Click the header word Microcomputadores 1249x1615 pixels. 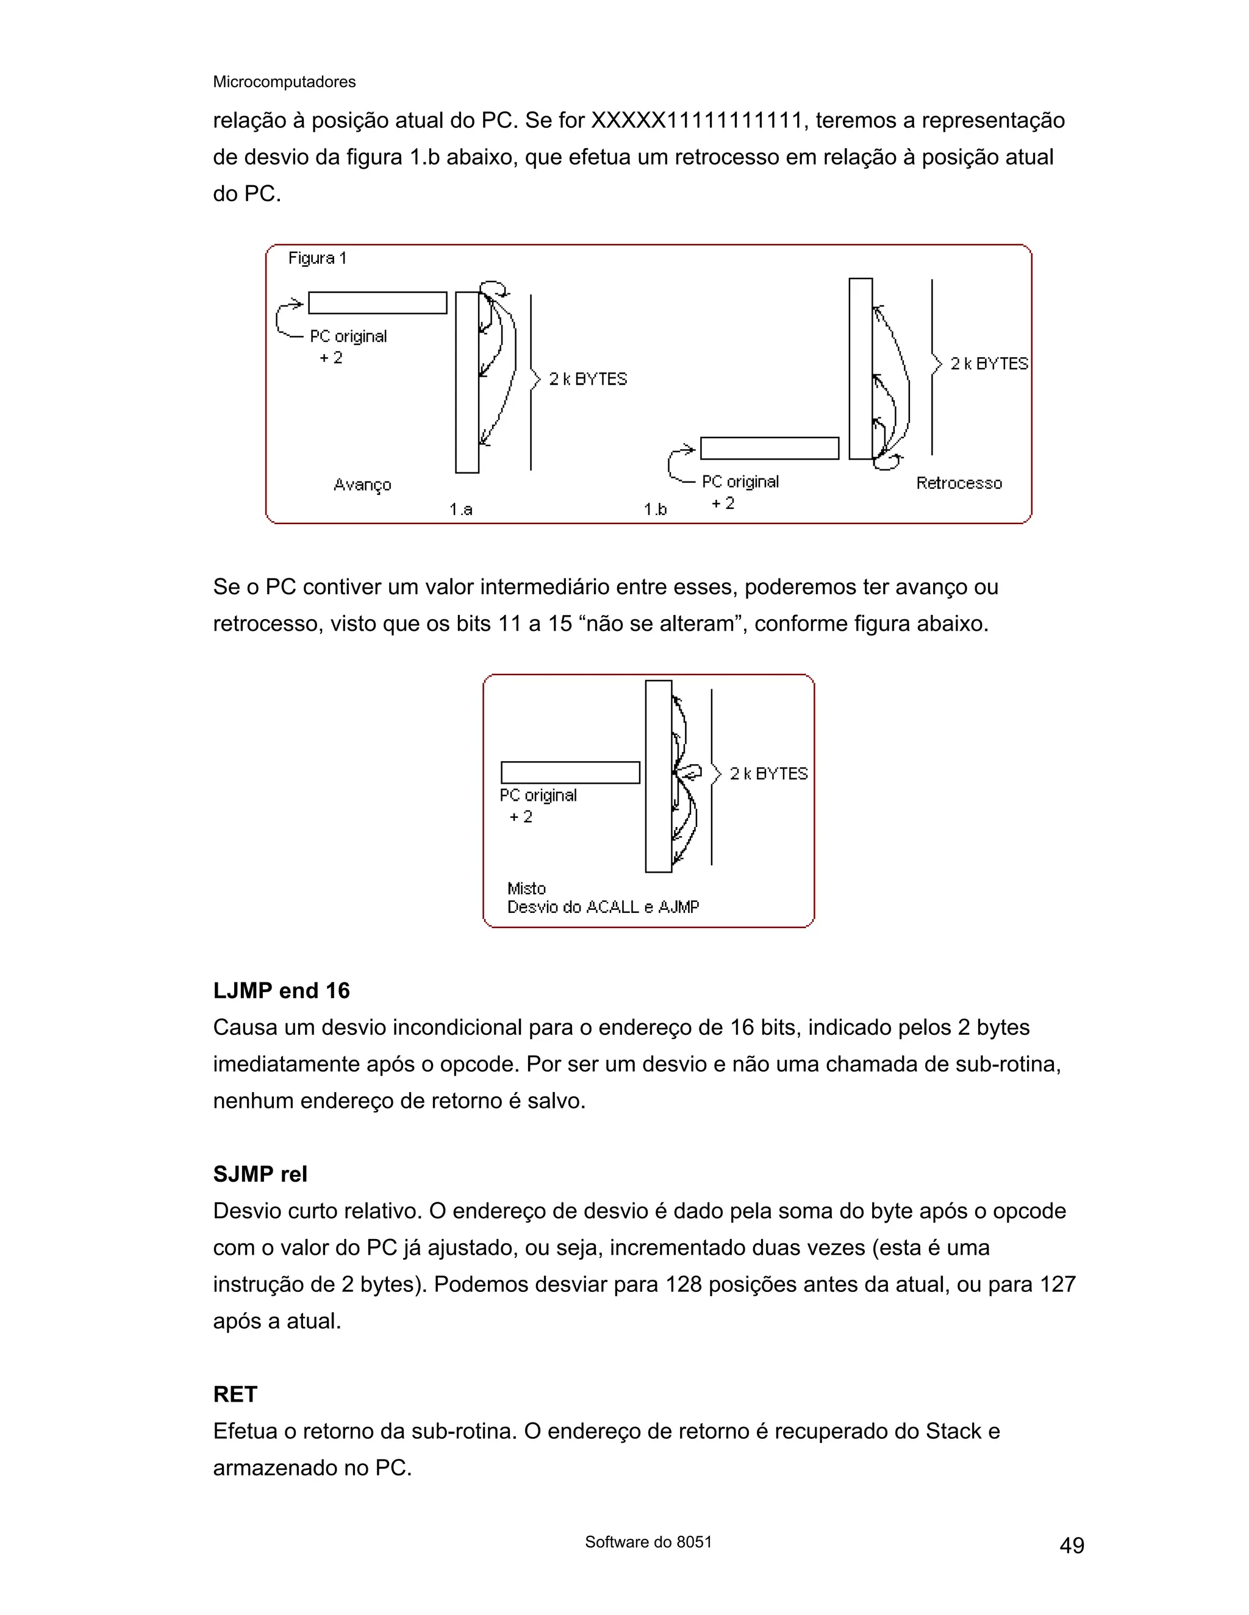point(284,82)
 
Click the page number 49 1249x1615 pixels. point(1072,1545)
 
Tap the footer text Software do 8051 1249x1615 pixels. point(648,1542)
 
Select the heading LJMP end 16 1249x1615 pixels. point(281,990)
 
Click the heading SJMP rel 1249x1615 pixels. point(260,1174)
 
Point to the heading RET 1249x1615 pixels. point(235,1394)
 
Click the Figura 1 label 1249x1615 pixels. point(317,258)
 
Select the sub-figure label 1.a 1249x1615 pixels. point(460,509)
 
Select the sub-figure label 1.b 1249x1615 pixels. point(655,509)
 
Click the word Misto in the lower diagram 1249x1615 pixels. point(526,888)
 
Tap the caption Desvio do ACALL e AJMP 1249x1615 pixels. point(603,907)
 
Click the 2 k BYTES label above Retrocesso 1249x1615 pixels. point(989,363)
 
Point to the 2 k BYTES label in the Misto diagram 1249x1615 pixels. point(768,773)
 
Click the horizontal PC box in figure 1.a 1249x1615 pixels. point(378,302)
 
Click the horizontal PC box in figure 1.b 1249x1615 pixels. point(770,448)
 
